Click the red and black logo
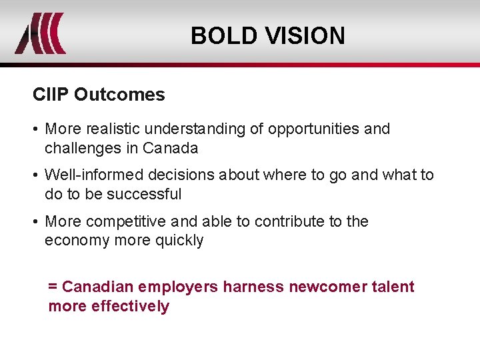coord(41,33)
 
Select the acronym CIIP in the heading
coord(51,95)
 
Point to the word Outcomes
coord(119,95)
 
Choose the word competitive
coord(127,221)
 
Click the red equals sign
coord(53,287)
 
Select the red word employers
coord(176,287)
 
